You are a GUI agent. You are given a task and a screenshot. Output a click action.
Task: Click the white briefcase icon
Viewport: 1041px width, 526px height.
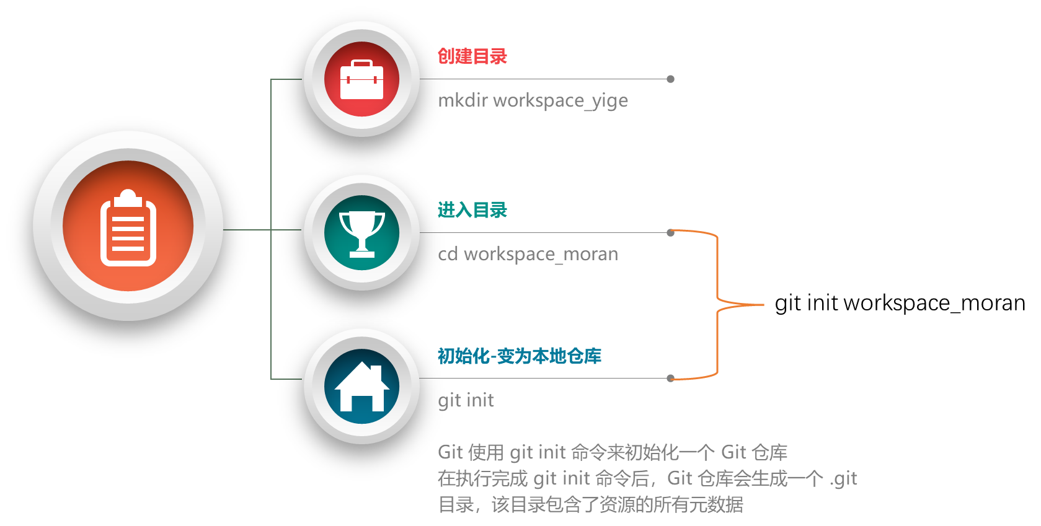coord(361,79)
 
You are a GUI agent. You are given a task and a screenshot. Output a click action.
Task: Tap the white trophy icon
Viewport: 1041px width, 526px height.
coord(361,232)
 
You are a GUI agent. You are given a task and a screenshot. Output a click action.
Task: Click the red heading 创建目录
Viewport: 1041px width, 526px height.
coord(472,56)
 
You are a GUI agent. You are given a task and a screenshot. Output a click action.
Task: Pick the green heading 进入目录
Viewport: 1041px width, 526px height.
coord(472,210)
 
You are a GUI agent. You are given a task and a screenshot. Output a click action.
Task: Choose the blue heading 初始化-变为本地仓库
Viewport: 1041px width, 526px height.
coord(519,356)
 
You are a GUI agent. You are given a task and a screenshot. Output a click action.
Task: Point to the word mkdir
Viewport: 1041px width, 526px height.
coord(463,100)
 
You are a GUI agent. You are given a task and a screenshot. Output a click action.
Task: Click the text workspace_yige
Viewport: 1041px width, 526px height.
coord(560,101)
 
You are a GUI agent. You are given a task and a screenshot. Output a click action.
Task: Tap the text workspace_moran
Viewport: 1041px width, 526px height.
coord(541,255)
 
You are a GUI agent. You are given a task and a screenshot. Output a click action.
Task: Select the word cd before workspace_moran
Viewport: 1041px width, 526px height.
coord(448,254)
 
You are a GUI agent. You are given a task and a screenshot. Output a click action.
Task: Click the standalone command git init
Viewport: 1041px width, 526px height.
coord(466,400)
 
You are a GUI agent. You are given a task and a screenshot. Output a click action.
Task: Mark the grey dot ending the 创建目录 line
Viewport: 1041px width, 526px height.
coord(670,79)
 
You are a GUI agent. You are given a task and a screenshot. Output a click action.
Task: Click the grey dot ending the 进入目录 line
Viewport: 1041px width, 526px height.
coord(670,233)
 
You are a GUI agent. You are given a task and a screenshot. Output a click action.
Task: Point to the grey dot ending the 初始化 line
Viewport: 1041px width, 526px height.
coord(670,378)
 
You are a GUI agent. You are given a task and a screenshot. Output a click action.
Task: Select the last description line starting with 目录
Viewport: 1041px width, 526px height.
coord(590,504)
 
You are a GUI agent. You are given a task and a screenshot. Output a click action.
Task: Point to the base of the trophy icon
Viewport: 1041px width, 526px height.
coord(362,253)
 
